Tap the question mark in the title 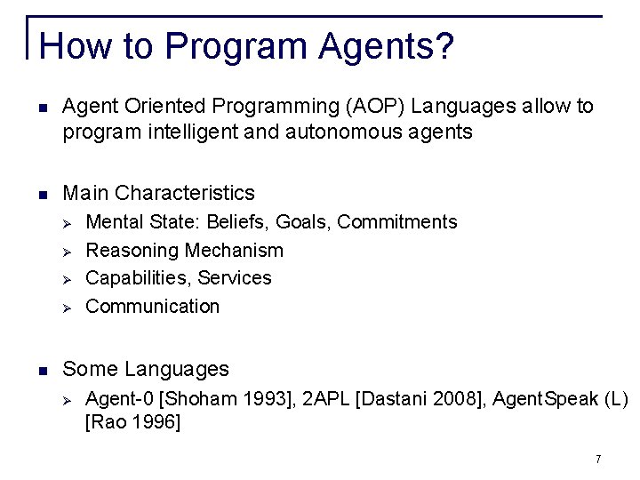[x=443, y=45]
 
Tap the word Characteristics [x=185, y=193]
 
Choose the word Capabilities [x=138, y=278]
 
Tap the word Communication [x=152, y=307]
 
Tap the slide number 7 [x=598, y=459]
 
